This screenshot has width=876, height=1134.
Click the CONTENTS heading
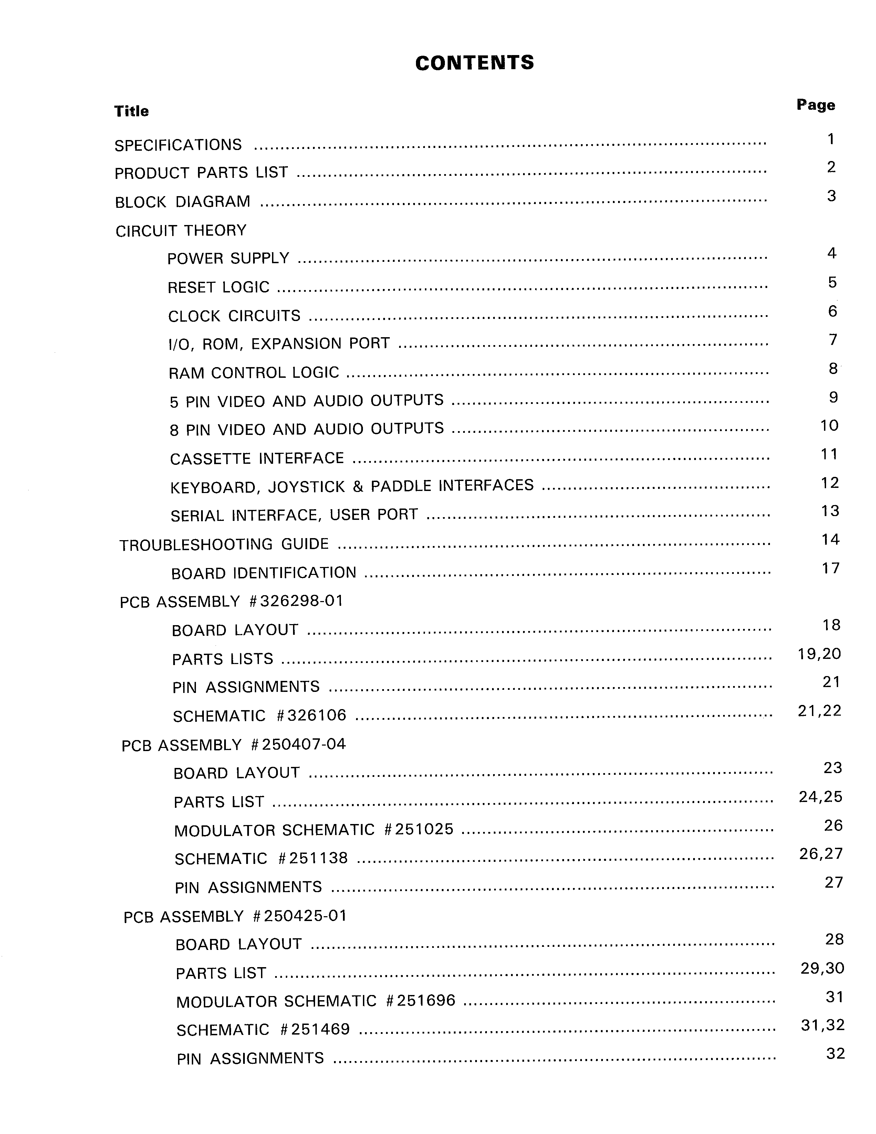[x=474, y=63]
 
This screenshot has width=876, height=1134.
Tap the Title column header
[x=132, y=111]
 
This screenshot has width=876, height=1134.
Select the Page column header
[x=816, y=105]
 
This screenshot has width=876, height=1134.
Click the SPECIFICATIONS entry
[x=178, y=145]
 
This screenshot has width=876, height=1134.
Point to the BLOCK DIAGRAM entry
[x=182, y=202]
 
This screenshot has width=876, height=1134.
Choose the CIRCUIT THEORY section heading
[x=181, y=230]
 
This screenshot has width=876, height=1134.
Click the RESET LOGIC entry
[x=218, y=287]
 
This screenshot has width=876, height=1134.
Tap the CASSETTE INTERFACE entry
[x=257, y=459]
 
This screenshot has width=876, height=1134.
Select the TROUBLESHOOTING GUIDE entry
[x=224, y=544]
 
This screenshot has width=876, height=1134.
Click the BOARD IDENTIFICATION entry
[x=263, y=573]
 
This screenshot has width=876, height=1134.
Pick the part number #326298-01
[x=296, y=601]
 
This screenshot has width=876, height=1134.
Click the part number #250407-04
[x=298, y=745]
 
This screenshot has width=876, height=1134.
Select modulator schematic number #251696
[x=421, y=1001]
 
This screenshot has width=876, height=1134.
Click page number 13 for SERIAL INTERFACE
[x=830, y=512]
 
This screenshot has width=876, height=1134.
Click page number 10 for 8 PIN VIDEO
[x=829, y=426]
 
